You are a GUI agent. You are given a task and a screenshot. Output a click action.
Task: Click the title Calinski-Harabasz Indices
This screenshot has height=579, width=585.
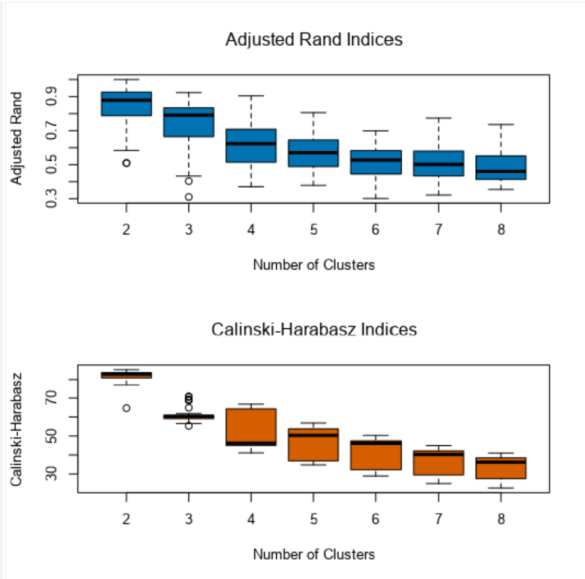314,329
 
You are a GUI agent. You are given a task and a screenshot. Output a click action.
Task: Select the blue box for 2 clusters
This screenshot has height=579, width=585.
126,104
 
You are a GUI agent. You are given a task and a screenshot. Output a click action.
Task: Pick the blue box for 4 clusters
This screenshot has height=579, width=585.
251,146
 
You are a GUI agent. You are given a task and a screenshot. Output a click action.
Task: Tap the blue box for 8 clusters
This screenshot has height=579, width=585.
500,167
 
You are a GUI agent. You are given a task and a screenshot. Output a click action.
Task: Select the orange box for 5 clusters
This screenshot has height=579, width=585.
313,446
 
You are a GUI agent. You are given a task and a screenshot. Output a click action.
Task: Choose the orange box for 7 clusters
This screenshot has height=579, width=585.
438,463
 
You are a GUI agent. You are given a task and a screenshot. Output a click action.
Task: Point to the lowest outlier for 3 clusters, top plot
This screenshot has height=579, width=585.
188,197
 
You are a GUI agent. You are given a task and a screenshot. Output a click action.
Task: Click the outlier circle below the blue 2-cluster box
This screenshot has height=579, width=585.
126,163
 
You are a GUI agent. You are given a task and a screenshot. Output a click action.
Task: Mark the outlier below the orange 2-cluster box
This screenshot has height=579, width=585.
126,408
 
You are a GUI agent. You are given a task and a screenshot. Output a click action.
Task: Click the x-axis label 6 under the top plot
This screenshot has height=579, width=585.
375,230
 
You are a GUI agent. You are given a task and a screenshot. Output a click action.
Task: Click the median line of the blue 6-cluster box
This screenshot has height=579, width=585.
375,160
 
